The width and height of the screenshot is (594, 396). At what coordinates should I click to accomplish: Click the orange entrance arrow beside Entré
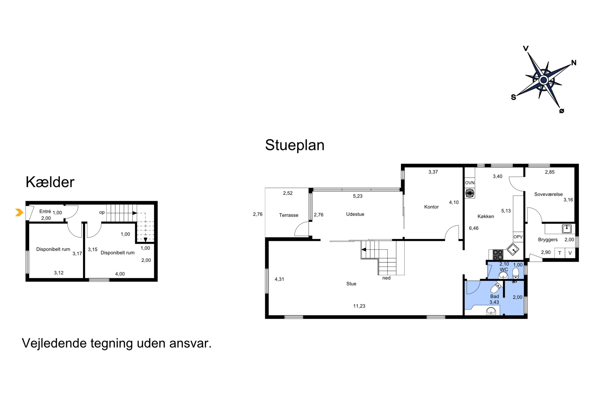point(19,212)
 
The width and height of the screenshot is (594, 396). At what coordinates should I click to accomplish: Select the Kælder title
point(50,182)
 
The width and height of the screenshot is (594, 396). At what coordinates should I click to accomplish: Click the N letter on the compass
point(573,63)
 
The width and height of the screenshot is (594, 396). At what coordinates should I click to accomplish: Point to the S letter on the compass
point(513,97)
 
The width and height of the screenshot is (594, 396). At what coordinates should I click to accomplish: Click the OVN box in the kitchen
point(469,183)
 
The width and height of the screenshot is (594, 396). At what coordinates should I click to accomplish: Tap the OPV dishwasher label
point(518,237)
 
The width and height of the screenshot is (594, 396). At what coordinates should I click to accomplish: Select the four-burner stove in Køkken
point(498,255)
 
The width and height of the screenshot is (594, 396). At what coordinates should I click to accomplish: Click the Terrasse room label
point(289,215)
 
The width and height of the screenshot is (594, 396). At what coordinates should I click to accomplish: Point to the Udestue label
point(355,214)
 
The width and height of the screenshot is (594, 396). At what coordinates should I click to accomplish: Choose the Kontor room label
point(431,207)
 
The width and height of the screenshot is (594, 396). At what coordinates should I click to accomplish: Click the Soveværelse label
point(548,194)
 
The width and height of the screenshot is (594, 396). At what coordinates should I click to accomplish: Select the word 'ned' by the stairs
point(386,278)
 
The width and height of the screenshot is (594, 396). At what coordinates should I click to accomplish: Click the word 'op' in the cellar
point(102,212)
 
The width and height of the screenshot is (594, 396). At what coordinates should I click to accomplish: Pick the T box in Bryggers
point(560,253)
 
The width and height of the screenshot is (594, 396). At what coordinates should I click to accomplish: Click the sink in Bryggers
point(567,229)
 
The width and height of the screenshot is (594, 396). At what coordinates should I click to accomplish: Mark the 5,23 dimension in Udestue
point(358,196)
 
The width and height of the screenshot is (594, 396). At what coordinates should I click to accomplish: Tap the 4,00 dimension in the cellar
point(120,274)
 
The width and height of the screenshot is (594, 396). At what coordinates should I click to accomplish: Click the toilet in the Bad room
point(496,287)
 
